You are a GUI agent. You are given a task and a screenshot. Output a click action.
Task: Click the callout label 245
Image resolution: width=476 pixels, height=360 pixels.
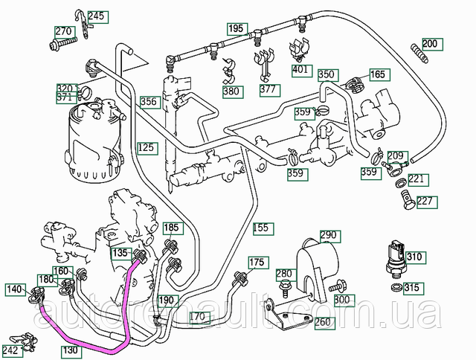97,15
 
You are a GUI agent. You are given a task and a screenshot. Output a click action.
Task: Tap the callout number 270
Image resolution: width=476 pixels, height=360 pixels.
64,32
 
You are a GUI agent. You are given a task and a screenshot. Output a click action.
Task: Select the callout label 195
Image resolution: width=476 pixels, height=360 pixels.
236,29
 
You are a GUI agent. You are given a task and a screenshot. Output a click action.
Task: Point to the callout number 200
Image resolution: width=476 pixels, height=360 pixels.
431,42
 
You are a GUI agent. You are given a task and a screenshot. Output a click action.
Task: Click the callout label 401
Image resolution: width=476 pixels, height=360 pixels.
300,70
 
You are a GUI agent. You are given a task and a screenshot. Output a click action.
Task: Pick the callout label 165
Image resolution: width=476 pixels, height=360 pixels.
378,74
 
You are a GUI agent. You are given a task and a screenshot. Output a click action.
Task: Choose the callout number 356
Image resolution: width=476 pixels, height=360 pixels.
149,102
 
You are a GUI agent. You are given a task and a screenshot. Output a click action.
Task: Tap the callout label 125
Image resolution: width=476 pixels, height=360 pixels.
147,147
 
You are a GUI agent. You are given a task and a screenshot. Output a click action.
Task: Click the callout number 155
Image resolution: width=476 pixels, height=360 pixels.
261,227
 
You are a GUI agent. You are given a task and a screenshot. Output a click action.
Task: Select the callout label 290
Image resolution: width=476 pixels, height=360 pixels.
329,235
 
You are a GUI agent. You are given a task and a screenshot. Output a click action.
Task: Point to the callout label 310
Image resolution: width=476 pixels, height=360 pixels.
414,257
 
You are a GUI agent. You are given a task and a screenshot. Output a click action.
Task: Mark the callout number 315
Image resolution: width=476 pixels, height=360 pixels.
411,288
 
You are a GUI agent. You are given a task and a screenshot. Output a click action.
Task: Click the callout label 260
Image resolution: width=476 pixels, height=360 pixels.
324,322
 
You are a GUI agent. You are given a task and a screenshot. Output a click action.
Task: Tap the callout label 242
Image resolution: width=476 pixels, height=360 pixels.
10,349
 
